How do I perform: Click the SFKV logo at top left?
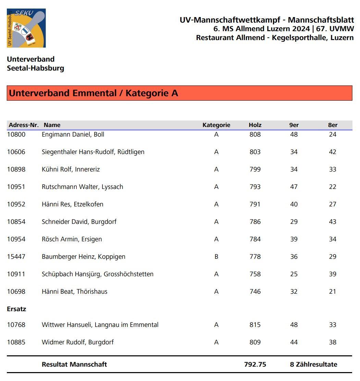point(26,28)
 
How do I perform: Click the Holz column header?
point(255,125)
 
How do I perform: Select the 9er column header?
point(294,125)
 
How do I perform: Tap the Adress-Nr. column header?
point(23,125)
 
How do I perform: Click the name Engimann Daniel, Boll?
point(73,135)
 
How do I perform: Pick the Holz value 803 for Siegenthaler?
point(255,152)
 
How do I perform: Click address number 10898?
point(16,169)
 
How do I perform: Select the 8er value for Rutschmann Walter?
point(333,187)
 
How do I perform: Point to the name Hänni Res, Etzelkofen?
point(72,204)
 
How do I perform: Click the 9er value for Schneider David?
point(294,222)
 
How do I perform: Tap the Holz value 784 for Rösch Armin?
point(255,239)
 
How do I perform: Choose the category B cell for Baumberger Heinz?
point(216,257)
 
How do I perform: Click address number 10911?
point(16,274)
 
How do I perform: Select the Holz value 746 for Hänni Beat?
point(255,292)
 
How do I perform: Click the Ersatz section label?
point(16,309)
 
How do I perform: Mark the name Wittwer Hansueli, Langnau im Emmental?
point(100,325)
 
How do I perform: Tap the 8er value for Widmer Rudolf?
point(333,342)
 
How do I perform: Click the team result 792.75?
point(255,365)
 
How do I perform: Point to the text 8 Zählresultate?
point(313,365)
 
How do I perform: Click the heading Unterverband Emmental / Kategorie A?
point(93,93)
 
